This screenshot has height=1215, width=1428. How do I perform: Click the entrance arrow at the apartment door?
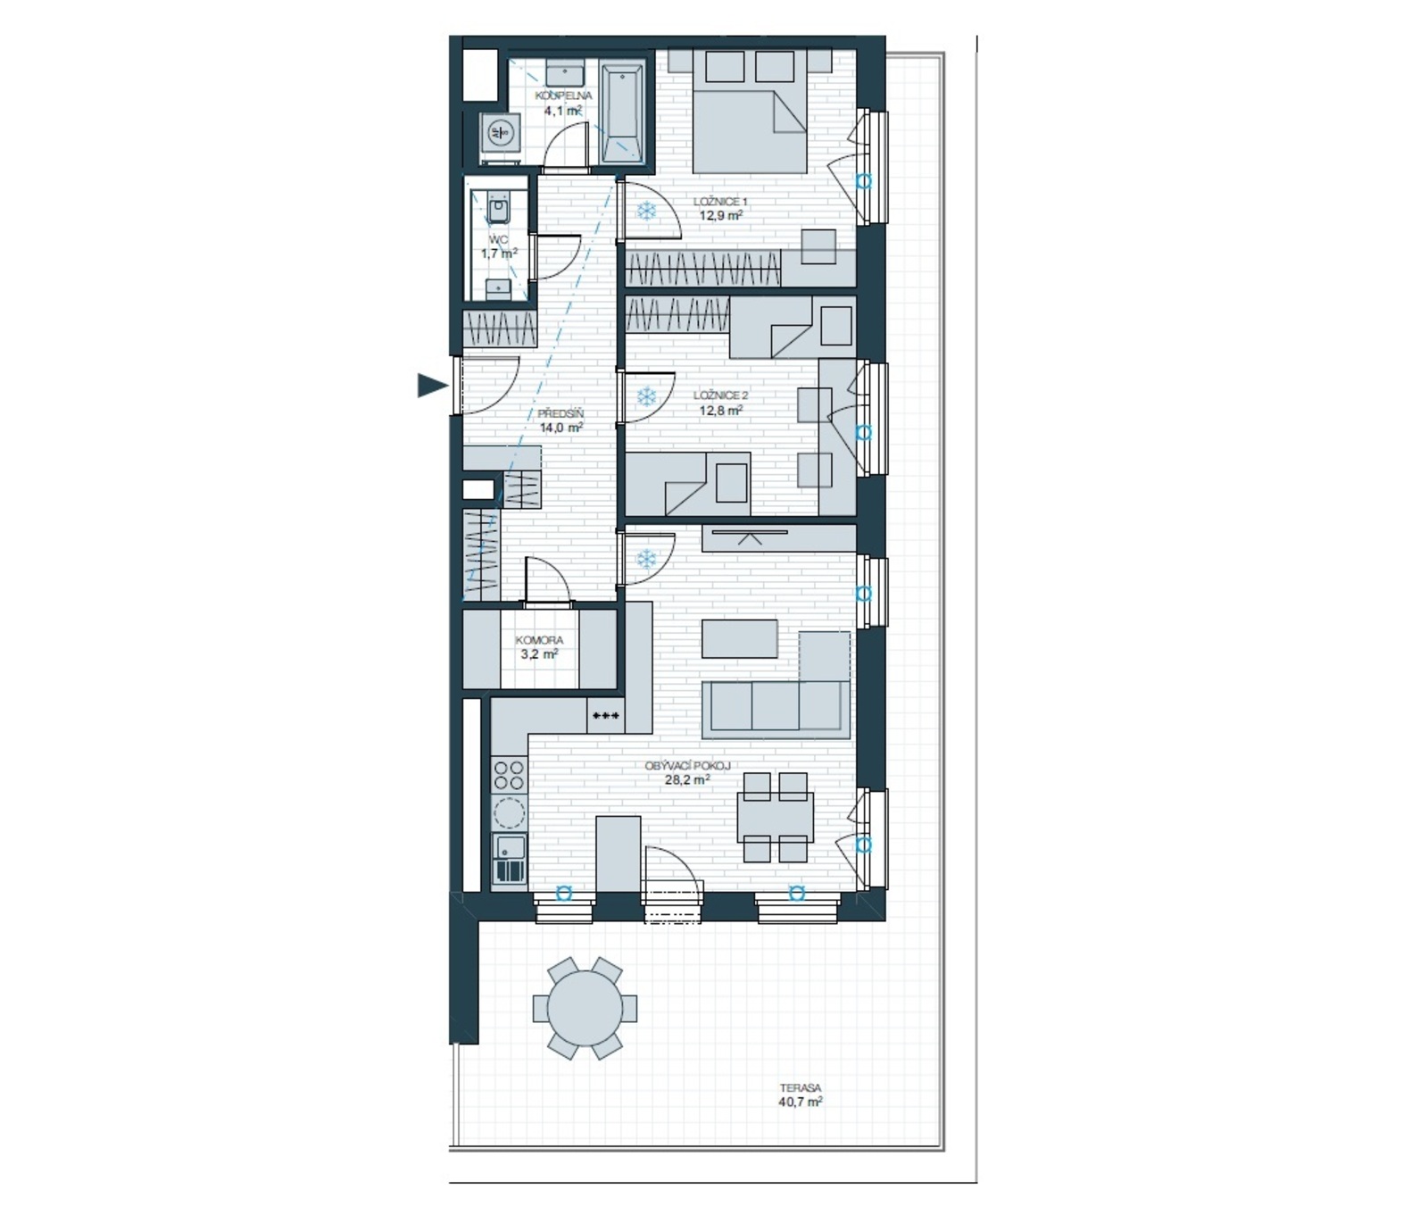tap(432, 386)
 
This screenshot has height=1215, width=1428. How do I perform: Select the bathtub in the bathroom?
tap(622, 112)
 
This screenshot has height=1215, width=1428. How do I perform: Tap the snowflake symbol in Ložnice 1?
tap(646, 212)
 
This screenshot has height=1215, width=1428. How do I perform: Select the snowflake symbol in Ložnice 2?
tap(646, 396)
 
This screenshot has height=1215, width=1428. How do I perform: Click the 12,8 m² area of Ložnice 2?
tap(721, 412)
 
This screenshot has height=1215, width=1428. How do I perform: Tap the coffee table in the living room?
tap(740, 638)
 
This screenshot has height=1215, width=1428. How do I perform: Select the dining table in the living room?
tap(775, 817)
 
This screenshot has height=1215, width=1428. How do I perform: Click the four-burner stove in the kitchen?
tap(509, 774)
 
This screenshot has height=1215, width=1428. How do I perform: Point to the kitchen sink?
tap(510, 859)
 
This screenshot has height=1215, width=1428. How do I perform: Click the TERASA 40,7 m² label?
tap(800, 1095)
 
